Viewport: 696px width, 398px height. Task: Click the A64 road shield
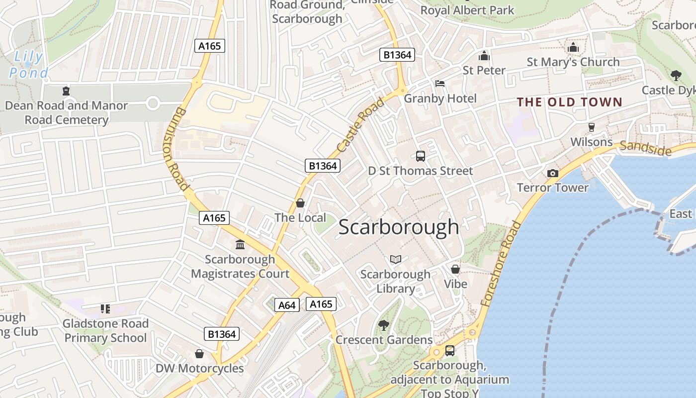tap(287, 305)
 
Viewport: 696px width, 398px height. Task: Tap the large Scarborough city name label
tap(399, 227)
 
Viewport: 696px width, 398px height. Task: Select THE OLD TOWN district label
tap(569, 102)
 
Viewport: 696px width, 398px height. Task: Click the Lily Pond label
tap(29, 65)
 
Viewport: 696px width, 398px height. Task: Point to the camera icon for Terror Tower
tap(552, 173)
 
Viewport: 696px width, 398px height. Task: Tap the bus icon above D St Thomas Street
tap(421, 156)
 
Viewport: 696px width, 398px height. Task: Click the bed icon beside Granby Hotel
tap(440, 84)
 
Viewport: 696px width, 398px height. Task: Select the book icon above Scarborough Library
tap(396, 259)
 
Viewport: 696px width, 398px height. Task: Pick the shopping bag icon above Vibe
tap(455, 269)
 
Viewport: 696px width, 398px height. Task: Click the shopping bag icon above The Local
tap(300, 203)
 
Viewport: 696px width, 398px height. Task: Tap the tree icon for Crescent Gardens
tap(383, 325)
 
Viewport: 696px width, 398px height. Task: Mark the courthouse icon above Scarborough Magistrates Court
tap(240, 244)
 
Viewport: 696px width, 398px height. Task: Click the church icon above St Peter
tap(484, 56)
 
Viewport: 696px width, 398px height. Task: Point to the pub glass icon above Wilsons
tap(591, 127)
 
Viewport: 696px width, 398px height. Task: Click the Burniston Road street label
tap(176, 149)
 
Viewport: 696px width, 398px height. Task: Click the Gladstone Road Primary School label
tap(105, 331)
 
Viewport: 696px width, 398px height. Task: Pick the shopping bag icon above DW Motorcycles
tap(199, 354)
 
